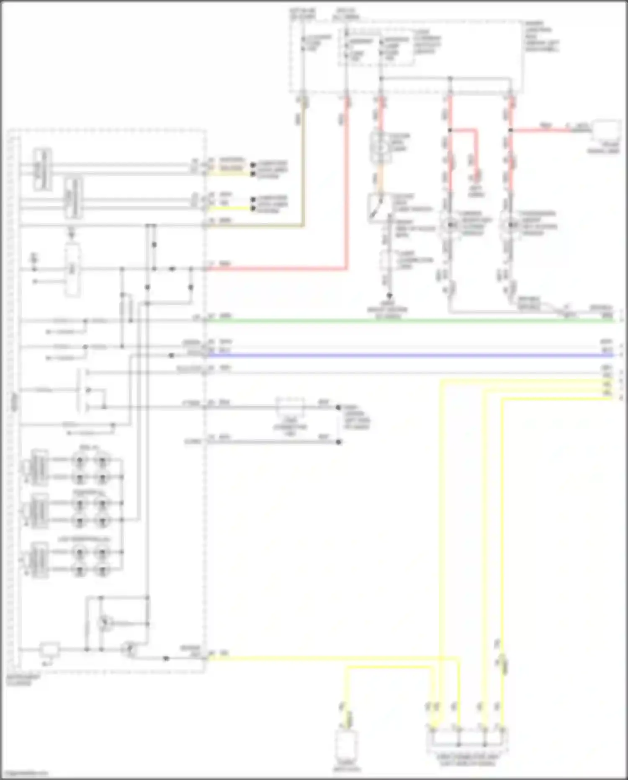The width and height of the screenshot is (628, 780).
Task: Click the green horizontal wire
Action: pos(410,321)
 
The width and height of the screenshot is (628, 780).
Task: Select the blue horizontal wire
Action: pos(410,356)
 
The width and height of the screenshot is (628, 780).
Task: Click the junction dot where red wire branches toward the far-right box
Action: pos(511,130)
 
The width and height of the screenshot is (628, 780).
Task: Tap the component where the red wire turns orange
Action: pos(381,148)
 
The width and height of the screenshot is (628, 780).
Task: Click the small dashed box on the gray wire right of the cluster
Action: pos(290,407)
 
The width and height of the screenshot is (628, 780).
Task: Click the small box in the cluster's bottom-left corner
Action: pos(49,650)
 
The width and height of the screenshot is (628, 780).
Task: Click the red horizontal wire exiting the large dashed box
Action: pos(276,269)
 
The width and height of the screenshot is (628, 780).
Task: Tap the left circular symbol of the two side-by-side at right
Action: pos(450,225)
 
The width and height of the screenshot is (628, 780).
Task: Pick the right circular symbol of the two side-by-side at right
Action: pos(510,225)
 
